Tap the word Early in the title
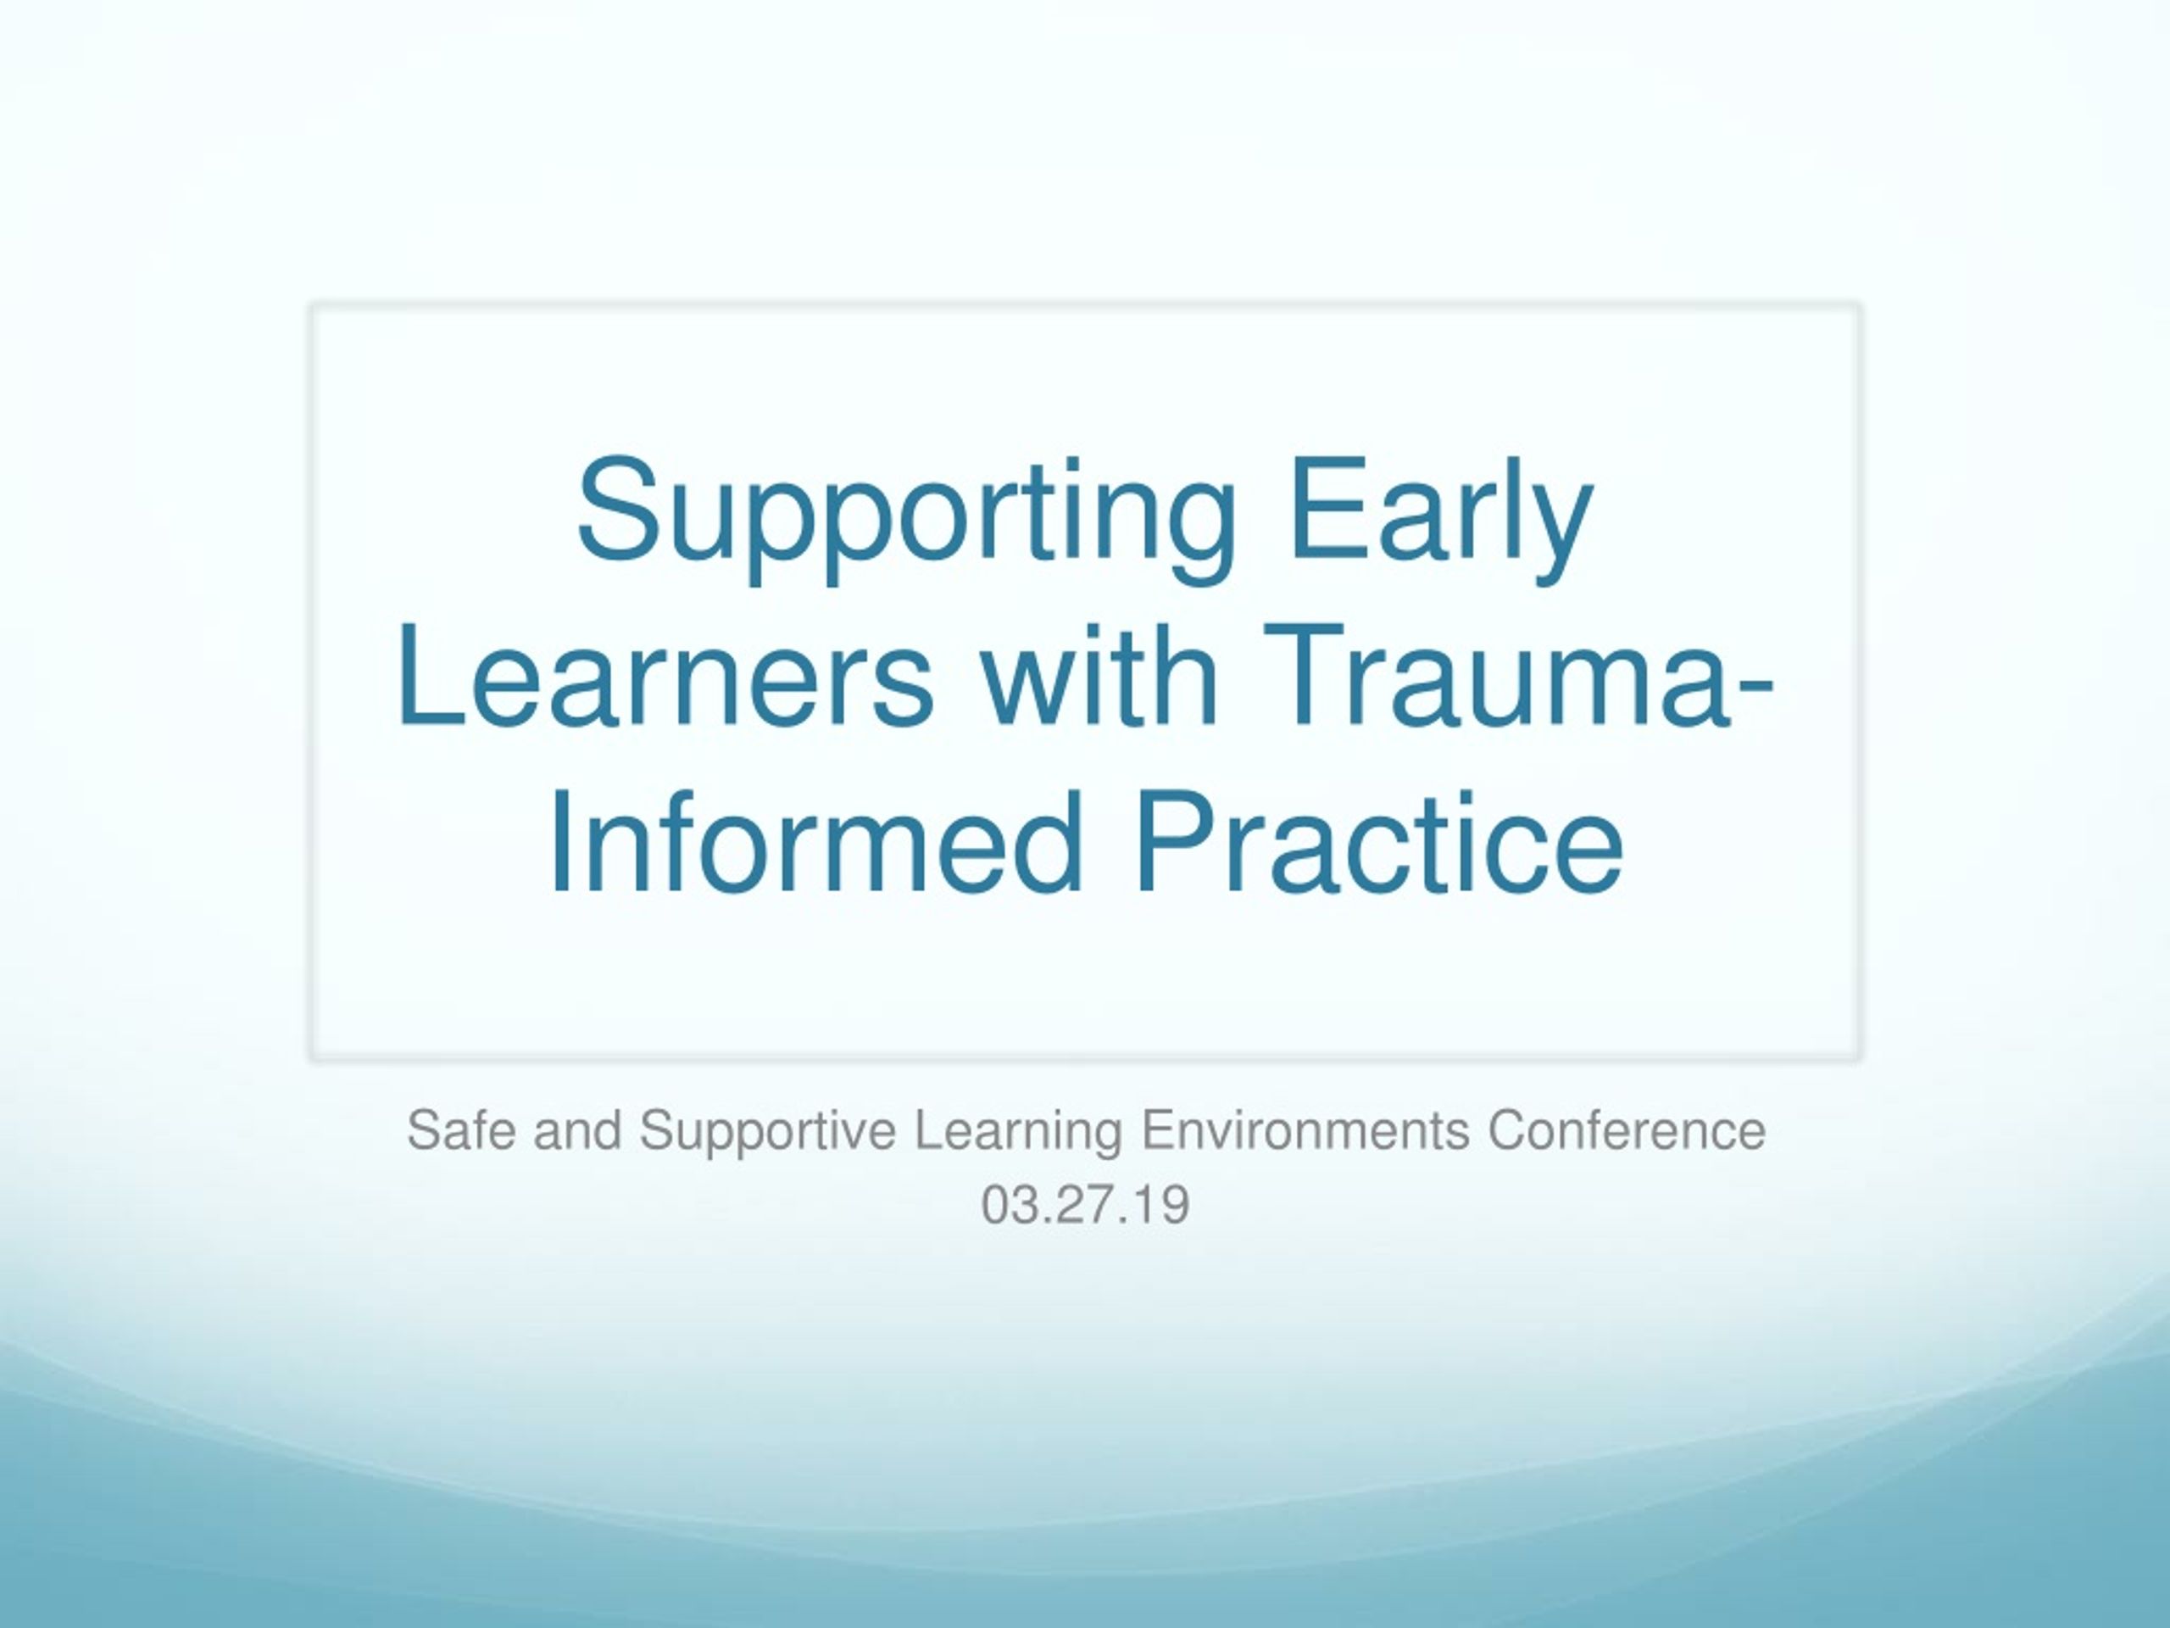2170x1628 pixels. tap(1440, 519)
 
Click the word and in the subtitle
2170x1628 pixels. tap(578, 1129)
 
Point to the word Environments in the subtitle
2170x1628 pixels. tap(1305, 1129)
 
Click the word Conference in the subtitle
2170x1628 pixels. tap(1627, 1129)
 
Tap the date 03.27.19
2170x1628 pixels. tap(1085, 1205)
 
